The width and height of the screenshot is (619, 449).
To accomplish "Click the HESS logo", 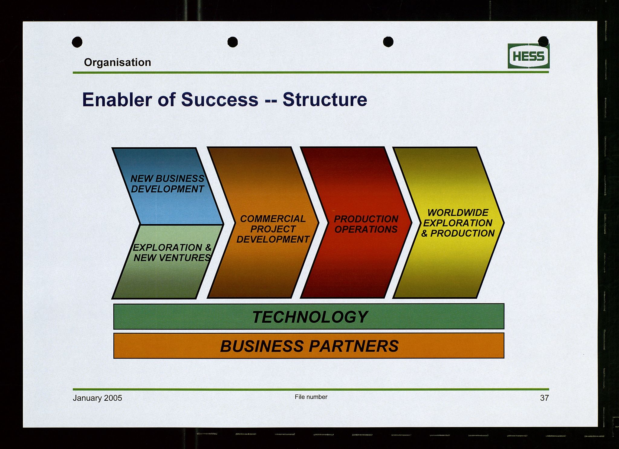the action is coord(529,56).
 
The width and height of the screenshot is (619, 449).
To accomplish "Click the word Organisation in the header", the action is coord(118,63).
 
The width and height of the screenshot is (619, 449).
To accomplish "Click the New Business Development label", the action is coord(167,184).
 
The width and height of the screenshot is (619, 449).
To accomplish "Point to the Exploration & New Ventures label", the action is coord(172,252).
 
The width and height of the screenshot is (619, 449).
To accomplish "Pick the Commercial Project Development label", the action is coord(273,229).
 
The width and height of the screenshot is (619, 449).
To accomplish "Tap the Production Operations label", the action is coord(366,224).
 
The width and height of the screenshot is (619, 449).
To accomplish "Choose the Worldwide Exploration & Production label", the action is coord(458,223).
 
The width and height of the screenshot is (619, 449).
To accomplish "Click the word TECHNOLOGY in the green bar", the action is coord(310,317).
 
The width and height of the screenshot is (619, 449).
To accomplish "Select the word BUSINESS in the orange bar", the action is coord(262,346).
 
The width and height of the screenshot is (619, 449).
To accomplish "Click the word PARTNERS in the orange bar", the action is coord(354,346).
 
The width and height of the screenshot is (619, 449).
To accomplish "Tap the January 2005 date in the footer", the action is coord(97,398).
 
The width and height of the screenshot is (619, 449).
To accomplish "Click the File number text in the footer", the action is coord(311,397).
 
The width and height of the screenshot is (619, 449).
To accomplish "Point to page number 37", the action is coord(544,398).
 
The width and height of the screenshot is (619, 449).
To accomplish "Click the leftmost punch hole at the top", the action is coord(77,42).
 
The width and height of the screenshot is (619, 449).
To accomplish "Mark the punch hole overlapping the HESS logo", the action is coord(543,41).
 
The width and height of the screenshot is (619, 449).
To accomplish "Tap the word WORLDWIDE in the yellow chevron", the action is coord(458,213).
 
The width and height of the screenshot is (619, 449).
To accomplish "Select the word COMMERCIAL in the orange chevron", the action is coord(273,219).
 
